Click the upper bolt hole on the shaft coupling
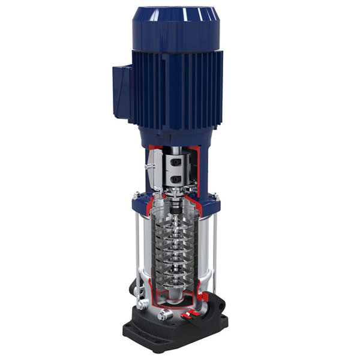click(x=176, y=163)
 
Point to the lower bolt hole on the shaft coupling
click(x=176, y=178)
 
